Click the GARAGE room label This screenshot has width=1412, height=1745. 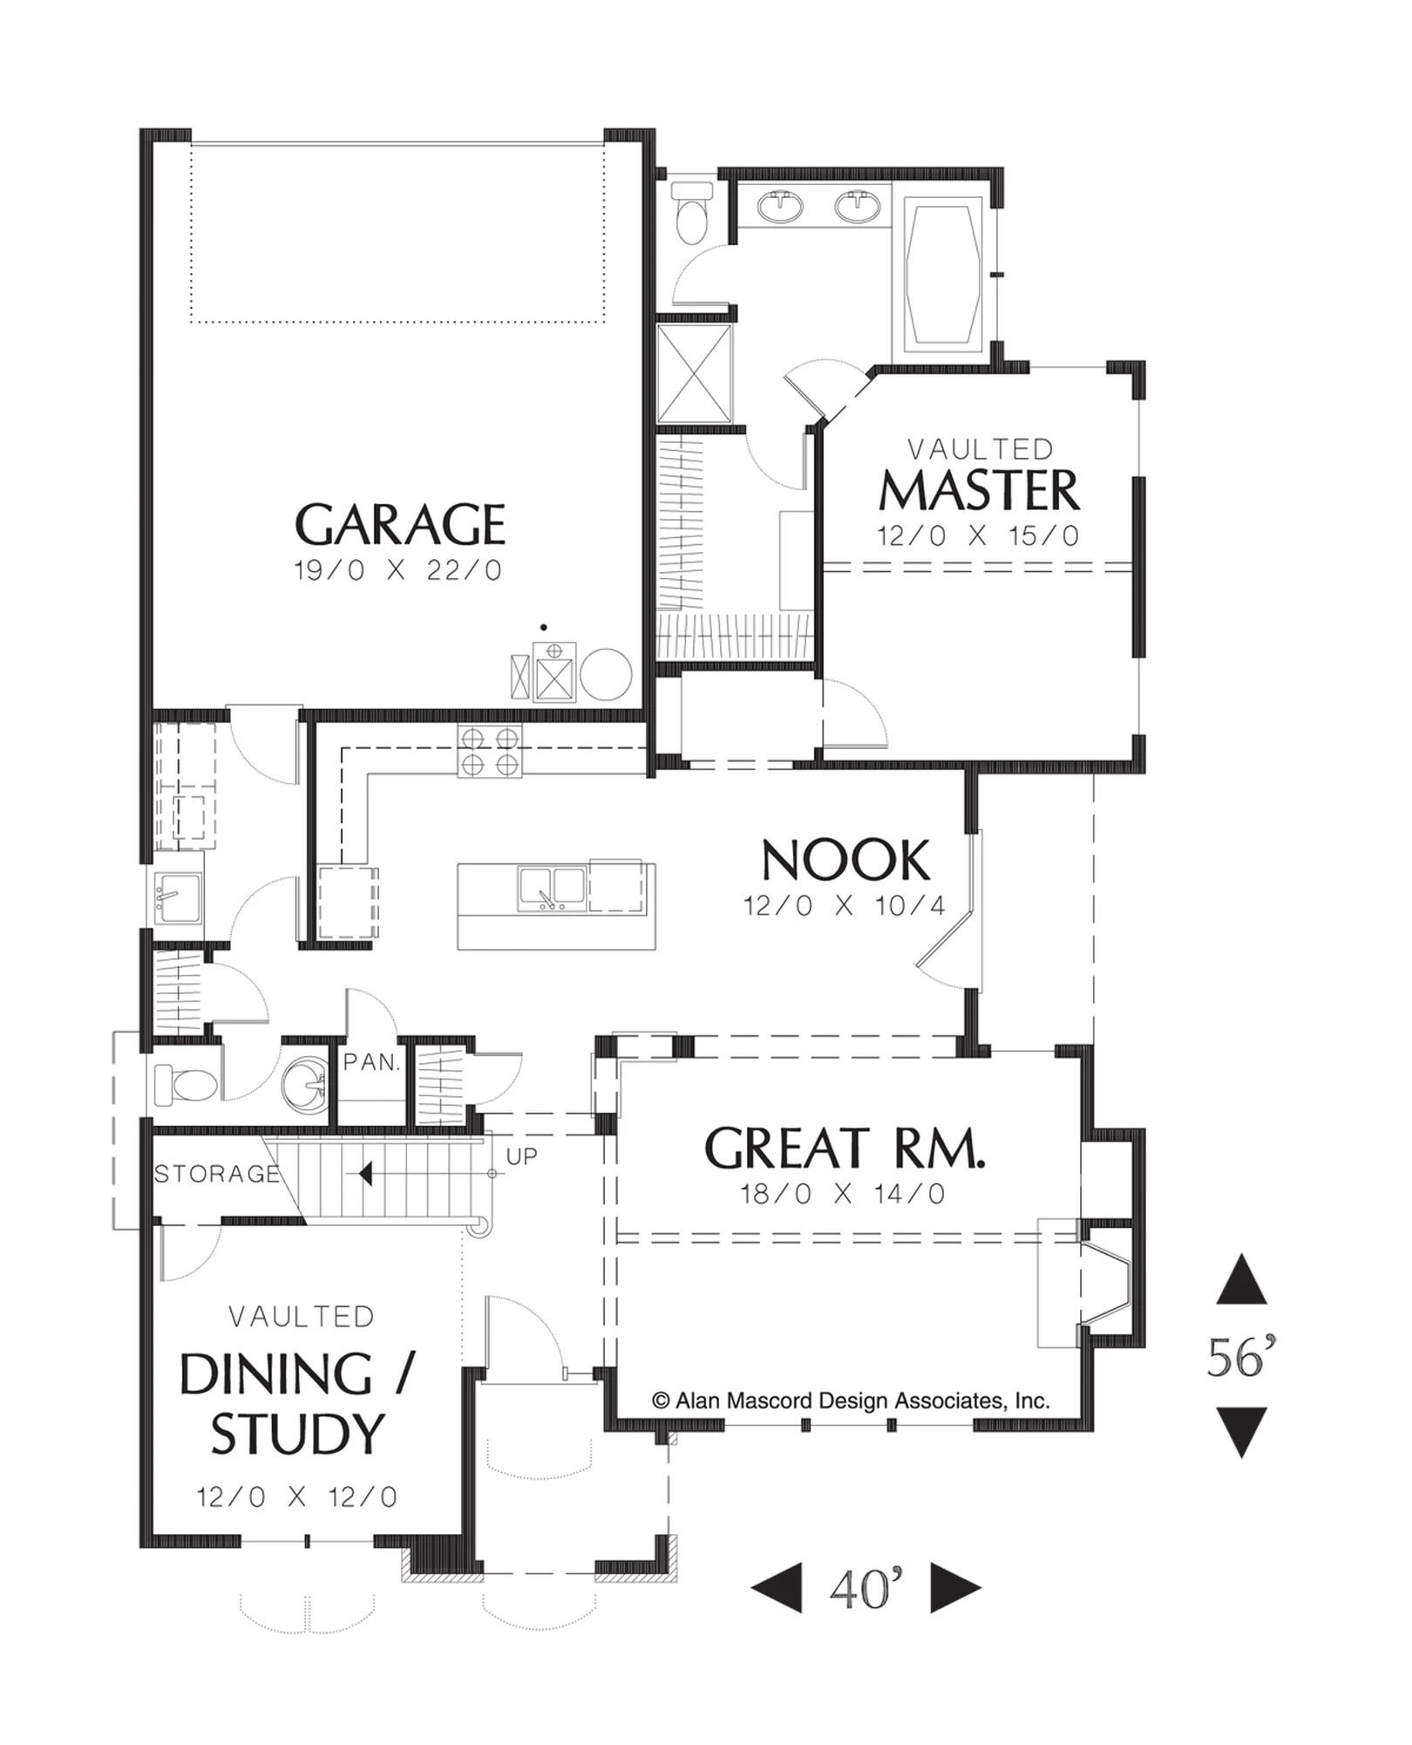(x=400, y=523)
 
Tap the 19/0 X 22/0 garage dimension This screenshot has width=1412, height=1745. (x=398, y=570)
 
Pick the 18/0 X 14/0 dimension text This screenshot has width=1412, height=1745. (x=843, y=1194)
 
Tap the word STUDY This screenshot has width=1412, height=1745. (x=297, y=1435)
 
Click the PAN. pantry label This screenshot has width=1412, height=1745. (x=371, y=1062)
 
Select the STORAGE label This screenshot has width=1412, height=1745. (x=217, y=1174)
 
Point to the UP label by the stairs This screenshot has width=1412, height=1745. (x=521, y=1156)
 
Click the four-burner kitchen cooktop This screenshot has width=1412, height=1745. (x=490, y=751)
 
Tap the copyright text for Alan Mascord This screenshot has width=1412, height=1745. (x=851, y=1401)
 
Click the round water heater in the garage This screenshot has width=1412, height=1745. (x=606, y=674)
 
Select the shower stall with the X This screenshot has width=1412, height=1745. (x=695, y=373)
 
